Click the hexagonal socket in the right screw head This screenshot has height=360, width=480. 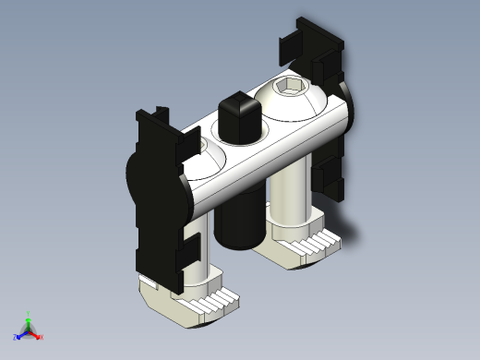(289, 90)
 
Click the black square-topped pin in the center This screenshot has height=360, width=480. (236, 115)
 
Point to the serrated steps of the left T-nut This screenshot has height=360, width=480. (211, 301)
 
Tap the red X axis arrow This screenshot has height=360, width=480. (39, 336)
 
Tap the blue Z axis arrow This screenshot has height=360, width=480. (19, 334)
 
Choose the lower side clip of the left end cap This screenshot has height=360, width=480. (188, 248)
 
